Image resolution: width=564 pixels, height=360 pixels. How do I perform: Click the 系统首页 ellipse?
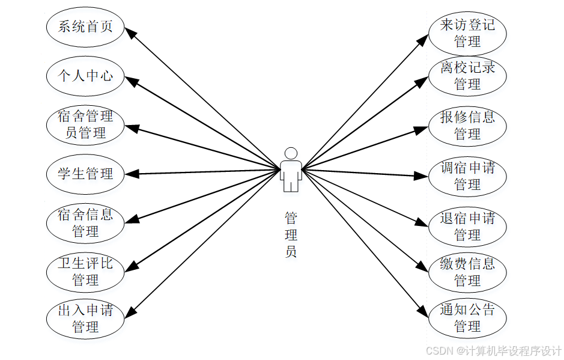coord(85,27)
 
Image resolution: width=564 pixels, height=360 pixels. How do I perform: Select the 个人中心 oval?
coord(85,76)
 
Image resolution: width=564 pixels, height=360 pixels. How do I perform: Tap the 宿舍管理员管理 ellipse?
coord(85,124)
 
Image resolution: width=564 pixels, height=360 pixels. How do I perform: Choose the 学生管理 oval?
coord(85,174)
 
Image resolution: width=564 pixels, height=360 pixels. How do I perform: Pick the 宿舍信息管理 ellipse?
coord(85,222)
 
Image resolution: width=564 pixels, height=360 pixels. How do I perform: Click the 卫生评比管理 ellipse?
coord(85,272)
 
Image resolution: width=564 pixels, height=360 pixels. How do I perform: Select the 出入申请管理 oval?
coord(85,319)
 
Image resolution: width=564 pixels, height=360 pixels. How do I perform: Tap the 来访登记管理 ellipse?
coord(467,33)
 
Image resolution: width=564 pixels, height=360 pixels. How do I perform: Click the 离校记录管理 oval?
coord(467,76)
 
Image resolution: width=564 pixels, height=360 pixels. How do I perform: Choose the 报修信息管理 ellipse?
coord(467,125)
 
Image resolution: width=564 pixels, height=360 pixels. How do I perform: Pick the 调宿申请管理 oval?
coord(467,175)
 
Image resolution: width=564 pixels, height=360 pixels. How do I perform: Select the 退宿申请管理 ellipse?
coord(467,225)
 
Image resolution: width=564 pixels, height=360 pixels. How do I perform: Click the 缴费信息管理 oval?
coord(467,272)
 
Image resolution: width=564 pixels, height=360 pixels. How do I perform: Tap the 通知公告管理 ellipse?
coord(467,319)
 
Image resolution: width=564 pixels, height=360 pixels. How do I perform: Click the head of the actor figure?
coord(291,153)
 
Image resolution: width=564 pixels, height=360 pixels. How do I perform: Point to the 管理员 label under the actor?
coord(291,234)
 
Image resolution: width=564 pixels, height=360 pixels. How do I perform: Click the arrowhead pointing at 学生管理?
coord(132,174)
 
